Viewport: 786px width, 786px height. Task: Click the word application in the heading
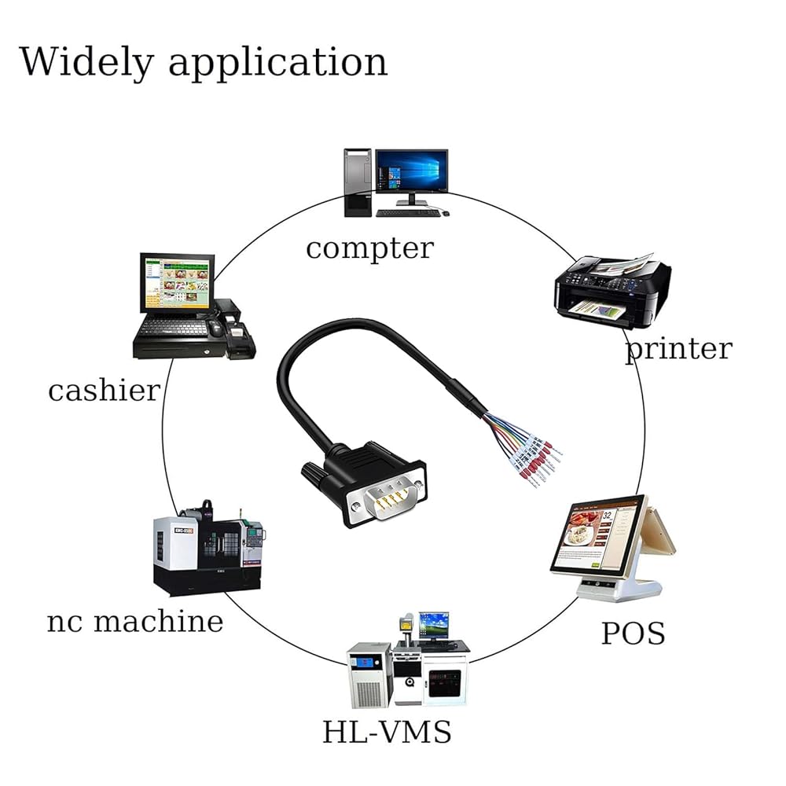click(x=277, y=63)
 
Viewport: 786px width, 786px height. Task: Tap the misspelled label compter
click(x=370, y=249)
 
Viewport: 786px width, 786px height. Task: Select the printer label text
click(x=679, y=349)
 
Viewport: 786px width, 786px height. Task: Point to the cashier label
click(x=104, y=390)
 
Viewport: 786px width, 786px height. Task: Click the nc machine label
click(x=135, y=621)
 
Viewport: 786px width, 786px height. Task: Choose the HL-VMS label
click(x=387, y=731)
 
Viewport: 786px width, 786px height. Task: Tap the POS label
click(x=633, y=633)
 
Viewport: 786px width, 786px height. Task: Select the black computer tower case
click(x=358, y=182)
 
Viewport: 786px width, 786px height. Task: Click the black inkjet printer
click(x=612, y=291)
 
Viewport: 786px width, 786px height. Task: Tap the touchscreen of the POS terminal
click(x=596, y=534)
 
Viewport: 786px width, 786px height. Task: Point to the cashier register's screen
click(x=176, y=282)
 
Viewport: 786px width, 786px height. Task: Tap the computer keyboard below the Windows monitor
click(x=408, y=213)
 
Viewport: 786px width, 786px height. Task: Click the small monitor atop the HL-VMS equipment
click(x=434, y=625)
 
